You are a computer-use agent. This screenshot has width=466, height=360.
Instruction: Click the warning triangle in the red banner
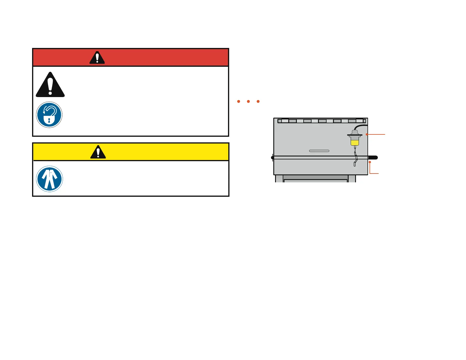tap(97, 58)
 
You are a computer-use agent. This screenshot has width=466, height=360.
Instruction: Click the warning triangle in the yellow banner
tap(98, 152)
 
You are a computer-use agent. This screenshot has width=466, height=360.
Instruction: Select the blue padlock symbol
tap(49, 115)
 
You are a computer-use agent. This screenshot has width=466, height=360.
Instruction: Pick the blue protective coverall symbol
tap(49, 179)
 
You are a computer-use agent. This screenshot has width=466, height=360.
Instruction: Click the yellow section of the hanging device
tap(355, 143)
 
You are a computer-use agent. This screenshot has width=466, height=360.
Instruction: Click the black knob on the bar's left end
tap(272, 158)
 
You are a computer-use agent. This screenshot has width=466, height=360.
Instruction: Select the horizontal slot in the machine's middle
tap(319, 151)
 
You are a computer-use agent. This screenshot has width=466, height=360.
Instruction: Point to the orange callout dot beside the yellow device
tap(367, 134)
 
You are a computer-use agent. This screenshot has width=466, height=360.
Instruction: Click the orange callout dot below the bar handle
tap(370, 162)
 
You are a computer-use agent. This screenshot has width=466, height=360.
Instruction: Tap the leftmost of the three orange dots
tap(239, 101)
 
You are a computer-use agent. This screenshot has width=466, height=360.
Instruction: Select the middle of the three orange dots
tap(248, 101)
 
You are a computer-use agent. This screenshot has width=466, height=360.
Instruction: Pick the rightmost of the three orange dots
tap(258, 101)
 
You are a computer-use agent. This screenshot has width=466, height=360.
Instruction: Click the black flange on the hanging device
tap(355, 135)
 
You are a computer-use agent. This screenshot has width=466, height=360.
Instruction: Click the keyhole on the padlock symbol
tap(49, 121)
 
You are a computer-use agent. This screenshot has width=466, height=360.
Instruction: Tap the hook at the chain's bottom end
tap(355, 164)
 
